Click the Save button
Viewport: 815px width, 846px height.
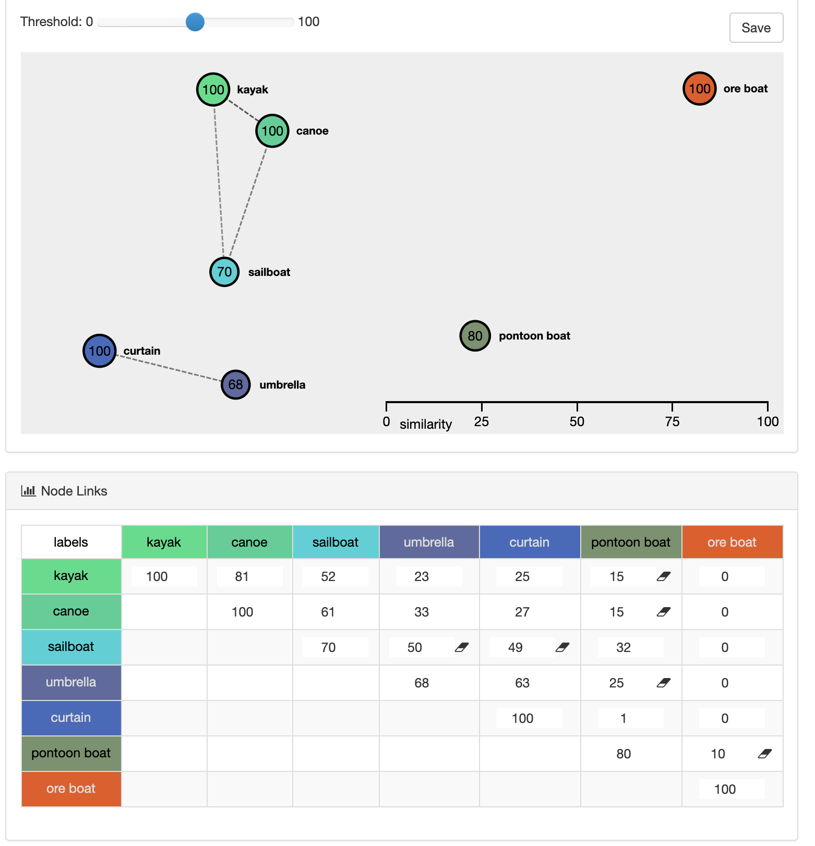click(x=756, y=28)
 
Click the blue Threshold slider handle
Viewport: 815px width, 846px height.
click(x=195, y=22)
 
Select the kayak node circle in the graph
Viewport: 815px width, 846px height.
click(x=213, y=89)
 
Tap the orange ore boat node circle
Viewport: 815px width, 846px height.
click(x=699, y=89)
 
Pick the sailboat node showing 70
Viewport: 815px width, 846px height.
click(x=224, y=272)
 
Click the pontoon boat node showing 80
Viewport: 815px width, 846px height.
click(x=475, y=336)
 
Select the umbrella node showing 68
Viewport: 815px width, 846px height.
click(x=235, y=385)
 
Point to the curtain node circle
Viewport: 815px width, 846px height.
click(x=99, y=351)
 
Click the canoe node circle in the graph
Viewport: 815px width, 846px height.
click(x=272, y=131)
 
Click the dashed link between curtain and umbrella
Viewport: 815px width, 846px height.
click(x=168, y=368)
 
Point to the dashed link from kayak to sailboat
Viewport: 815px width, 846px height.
click(x=219, y=181)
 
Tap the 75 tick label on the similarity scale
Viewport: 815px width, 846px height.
click(x=672, y=421)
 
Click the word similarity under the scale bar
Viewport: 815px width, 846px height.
click(x=426, y=424)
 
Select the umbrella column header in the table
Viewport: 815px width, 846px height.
click(x=429, y=542)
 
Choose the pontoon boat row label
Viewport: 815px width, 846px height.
click(x=71, y=753)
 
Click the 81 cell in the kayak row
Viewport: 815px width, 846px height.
click(x=242, y=576)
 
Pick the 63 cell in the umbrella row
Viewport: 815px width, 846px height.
click(x=522, y=683)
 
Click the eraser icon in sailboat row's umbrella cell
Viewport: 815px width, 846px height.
click(x=462, y=647)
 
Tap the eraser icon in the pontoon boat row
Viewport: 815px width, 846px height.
click(x=765, y=754)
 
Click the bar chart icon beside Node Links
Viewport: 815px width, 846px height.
click(x=28, y=491)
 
